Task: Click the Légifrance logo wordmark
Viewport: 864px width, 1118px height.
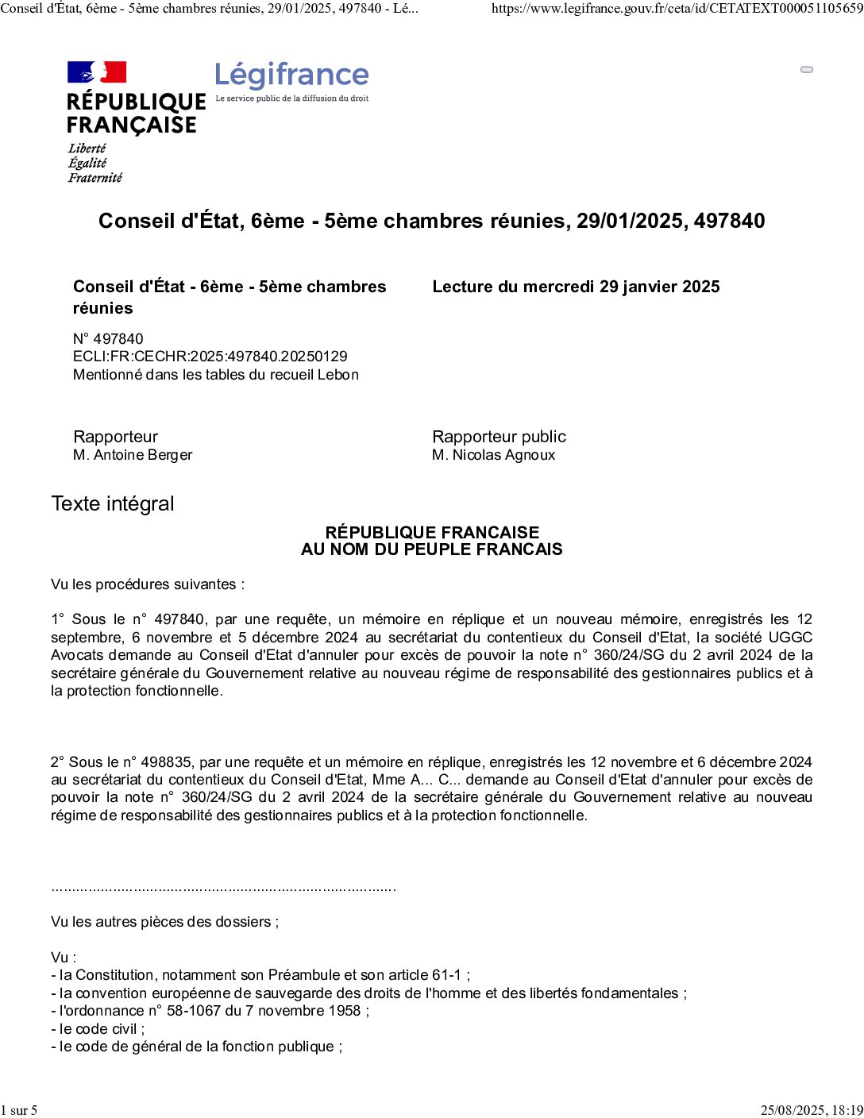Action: coord(291,75)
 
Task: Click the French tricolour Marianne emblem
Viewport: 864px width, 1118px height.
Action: coord(97,72)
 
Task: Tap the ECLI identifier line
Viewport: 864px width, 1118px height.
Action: coord(210,357)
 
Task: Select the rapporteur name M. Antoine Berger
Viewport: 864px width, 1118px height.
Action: coord(133,455)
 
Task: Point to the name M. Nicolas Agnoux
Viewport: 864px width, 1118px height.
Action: coord(493,455)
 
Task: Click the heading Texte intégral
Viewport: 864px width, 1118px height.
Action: coord(113,504)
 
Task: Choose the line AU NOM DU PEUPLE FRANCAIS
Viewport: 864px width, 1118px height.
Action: coord(431,549)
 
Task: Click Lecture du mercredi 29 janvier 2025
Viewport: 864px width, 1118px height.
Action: coord(576,287)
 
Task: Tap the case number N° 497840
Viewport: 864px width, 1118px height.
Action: coord(108,339)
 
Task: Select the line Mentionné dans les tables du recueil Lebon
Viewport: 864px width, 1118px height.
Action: coord(216,375)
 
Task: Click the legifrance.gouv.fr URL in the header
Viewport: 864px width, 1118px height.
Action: coord(677,9)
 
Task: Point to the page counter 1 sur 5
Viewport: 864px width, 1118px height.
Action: coord(19,1110)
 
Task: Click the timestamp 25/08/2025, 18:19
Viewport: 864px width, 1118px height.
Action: coord(811,1110)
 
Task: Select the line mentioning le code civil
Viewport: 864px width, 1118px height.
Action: coord(98,1029)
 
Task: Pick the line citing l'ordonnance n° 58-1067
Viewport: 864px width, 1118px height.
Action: coord(210,1011)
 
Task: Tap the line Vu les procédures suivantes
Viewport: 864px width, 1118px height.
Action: coord(148,584)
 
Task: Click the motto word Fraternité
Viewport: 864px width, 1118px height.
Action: coord(95,178)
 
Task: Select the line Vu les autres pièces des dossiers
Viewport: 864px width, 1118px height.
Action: coord(164,922)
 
